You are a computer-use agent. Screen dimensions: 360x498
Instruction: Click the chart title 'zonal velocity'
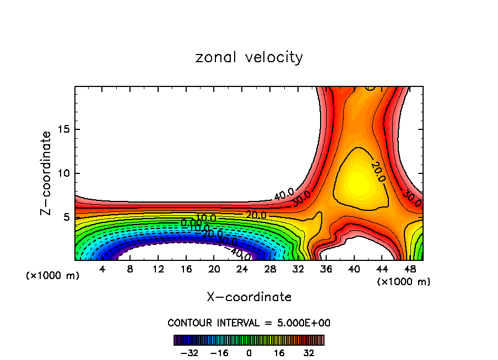pos(249,57)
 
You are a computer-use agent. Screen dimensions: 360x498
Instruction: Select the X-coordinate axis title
pos(249,297)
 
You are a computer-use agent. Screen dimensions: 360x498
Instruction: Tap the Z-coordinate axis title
pos(46,173)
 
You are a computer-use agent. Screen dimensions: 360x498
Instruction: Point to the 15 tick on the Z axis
pos(64,129)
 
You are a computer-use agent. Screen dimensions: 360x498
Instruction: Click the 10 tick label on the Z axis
pos(64,173)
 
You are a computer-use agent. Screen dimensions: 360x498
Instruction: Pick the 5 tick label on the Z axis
pos(67,217)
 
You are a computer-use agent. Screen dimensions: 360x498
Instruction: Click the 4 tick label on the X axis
pos(102,270)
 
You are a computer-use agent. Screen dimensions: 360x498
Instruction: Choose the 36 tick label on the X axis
pos(326,270)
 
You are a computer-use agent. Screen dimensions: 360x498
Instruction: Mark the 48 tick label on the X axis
pos(409,270)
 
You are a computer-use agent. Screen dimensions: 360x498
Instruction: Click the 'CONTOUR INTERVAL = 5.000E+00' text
pos(249,323)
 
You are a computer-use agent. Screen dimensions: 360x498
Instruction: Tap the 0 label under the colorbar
pos(249,353)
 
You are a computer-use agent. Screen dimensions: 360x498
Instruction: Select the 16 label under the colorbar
pos(279,353)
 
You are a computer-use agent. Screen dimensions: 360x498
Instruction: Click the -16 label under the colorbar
pos(219,353)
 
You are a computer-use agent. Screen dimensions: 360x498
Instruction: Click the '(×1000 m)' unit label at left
pos(53,276)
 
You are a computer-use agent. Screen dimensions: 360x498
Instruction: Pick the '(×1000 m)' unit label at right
pos(404,282)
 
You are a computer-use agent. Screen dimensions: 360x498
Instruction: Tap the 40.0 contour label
pos(284,194)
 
